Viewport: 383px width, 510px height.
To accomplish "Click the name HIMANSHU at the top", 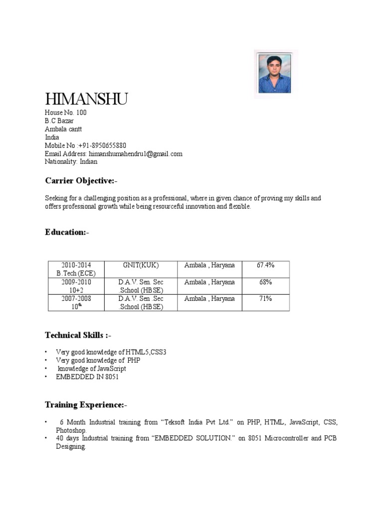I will pos(86,99).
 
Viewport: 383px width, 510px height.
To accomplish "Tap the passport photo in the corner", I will pos(275,74).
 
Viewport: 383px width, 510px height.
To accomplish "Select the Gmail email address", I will pos(135,154).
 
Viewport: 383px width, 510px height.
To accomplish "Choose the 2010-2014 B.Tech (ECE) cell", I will pos(76,269).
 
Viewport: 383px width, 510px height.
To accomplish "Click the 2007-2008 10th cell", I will pos(76,302).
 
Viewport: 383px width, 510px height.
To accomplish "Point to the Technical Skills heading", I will pos(81,335).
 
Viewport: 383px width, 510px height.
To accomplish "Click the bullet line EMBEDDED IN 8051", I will pos(87,377).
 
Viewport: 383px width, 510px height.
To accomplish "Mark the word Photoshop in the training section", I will pos(71,430).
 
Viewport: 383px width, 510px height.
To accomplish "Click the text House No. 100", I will pos(66,113).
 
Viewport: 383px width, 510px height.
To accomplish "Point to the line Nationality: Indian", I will pos(71,162).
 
